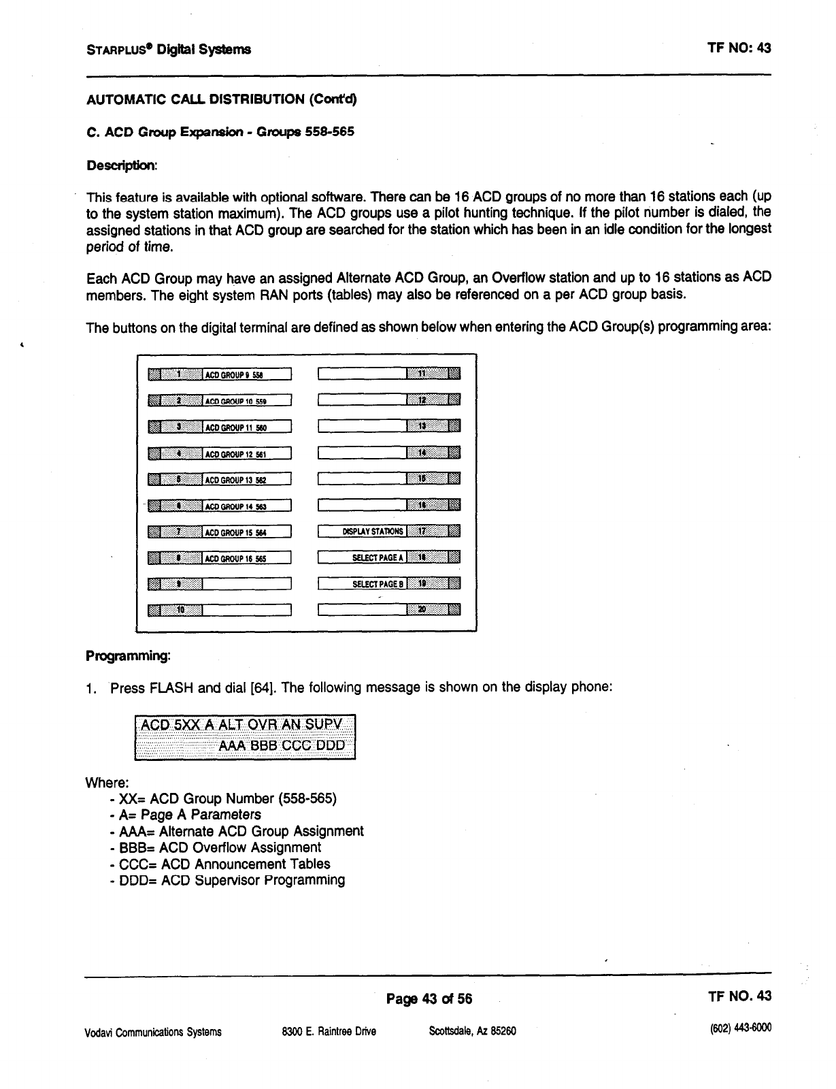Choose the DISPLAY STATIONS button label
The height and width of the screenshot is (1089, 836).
tap(363, 532)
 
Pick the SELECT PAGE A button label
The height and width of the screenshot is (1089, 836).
tap(363, 558)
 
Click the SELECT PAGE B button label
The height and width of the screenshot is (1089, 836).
tap(363, 584)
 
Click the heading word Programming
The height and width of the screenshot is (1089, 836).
tap(127, 656)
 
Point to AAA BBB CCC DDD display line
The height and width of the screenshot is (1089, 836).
tap(282, 745)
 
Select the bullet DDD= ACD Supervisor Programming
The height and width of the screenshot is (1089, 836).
tap(231, 881)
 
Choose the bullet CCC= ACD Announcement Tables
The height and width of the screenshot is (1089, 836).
tap(224, 864)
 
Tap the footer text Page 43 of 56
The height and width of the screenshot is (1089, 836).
tap(429, 999)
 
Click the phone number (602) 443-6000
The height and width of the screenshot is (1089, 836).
tap(739, 1028)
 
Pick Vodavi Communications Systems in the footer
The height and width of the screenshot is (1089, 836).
tap(153, 1032)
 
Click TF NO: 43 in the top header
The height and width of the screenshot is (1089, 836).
tap(739, 48)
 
